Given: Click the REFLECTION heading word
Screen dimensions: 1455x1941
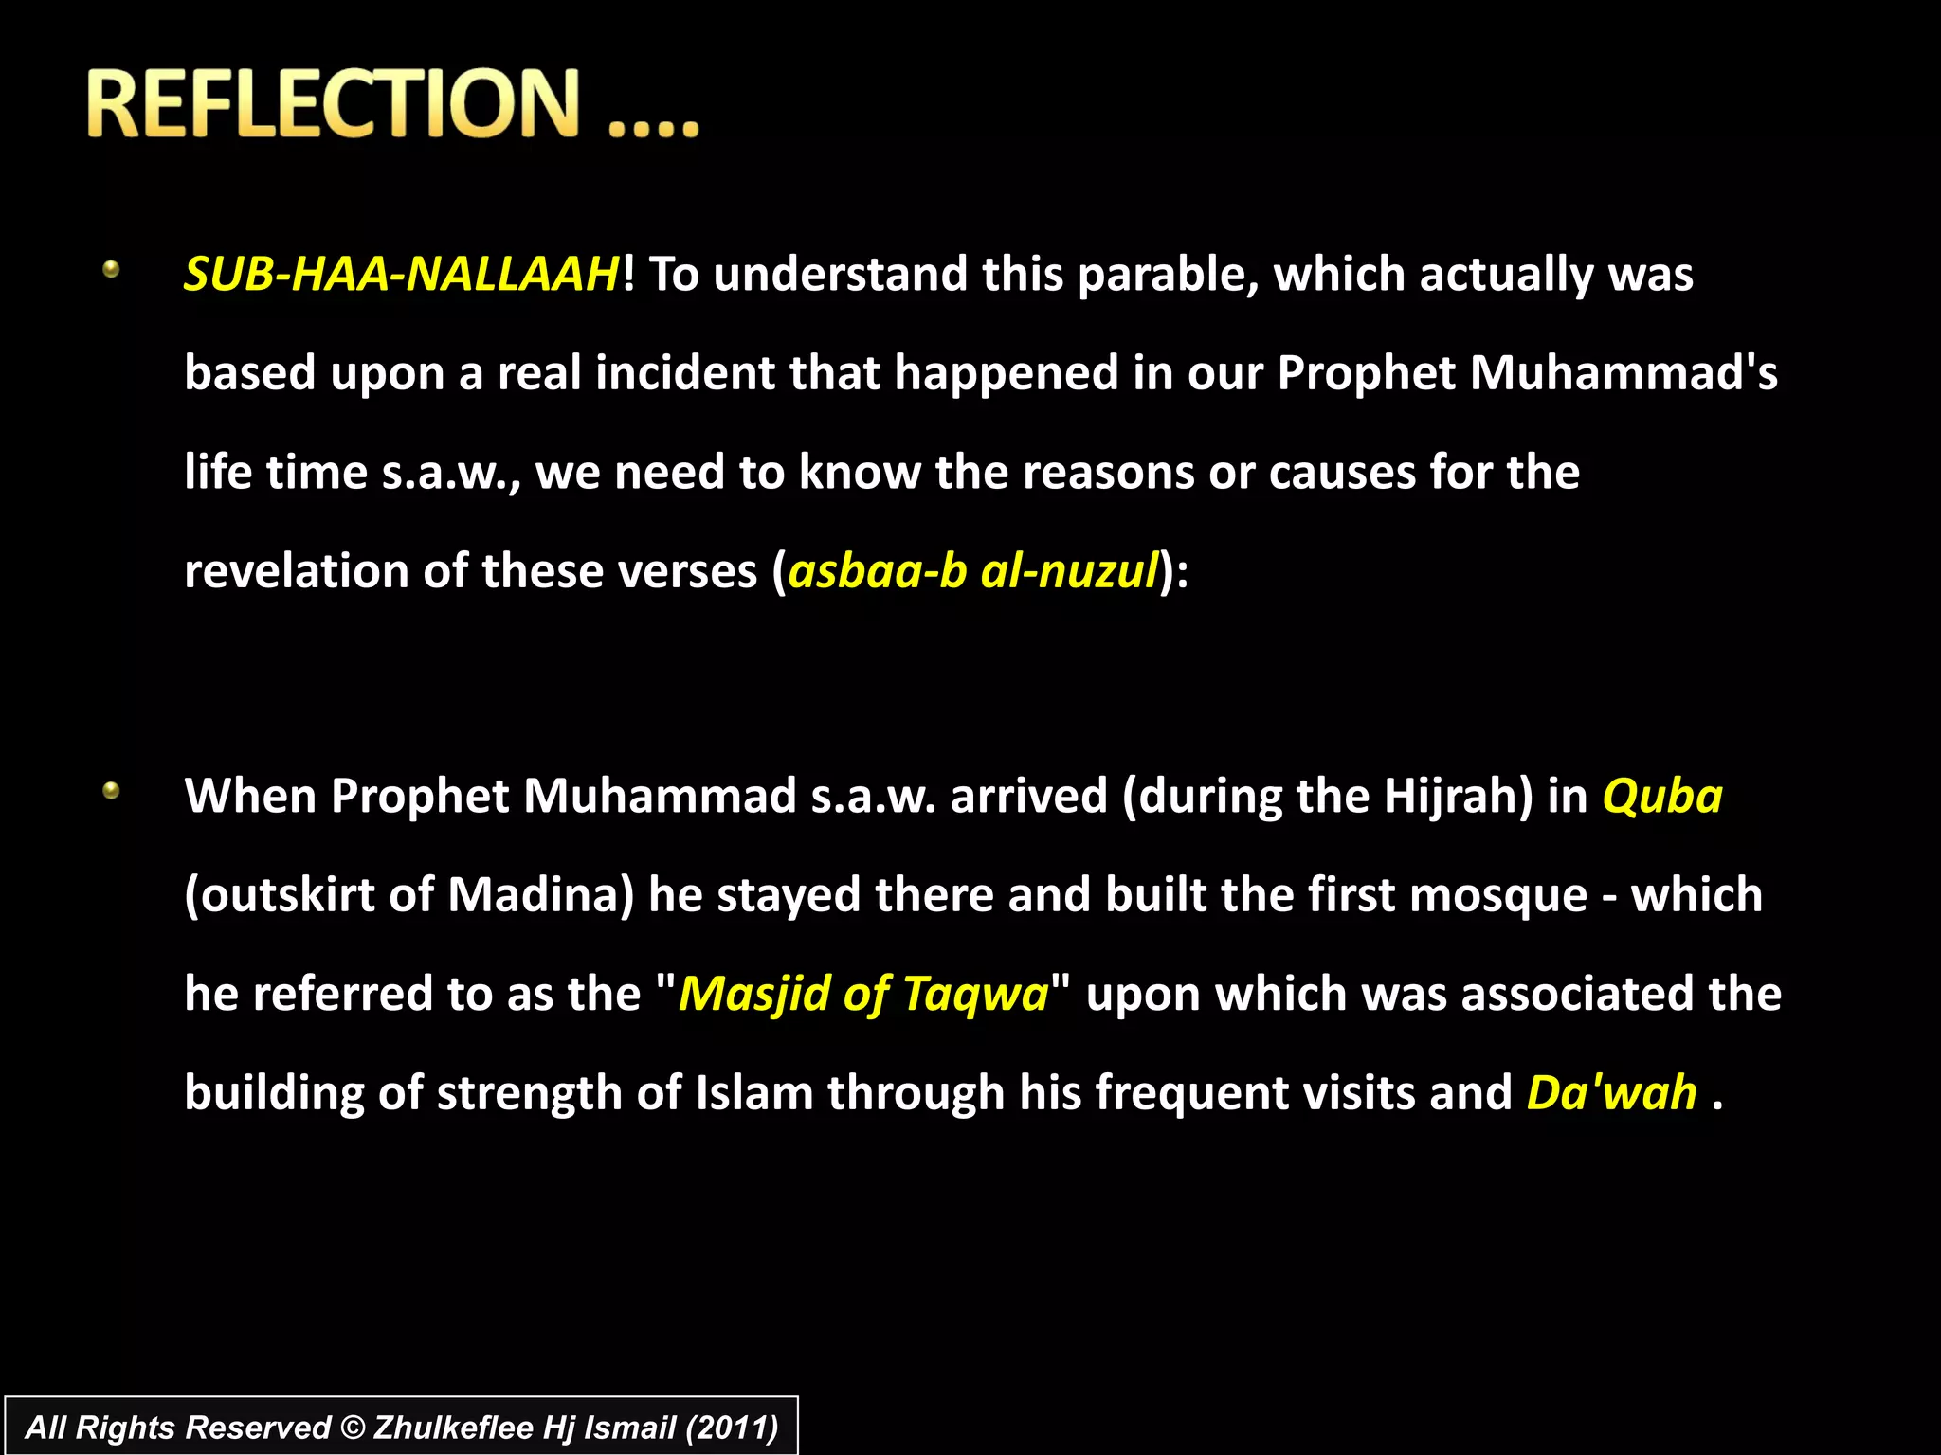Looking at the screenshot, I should coord(332,103).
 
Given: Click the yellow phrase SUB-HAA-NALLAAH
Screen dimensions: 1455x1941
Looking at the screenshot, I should coord(402,275).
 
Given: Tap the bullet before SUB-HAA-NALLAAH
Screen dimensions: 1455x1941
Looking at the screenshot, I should coord(111,270).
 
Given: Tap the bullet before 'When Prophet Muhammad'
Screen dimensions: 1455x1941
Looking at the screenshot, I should coord(111,790).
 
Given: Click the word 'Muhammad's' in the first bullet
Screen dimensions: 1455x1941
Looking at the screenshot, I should coord(1624,373).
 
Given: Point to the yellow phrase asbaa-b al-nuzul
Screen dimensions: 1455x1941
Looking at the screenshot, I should coord(973,571).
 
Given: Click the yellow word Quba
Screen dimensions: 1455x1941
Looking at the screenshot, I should coord(1662,797).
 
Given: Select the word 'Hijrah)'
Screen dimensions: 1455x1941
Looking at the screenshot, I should coord(1458,797).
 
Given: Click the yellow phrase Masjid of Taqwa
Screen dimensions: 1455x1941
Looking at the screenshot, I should coord(863,995).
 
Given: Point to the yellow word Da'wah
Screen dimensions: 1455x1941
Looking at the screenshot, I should coord(1611,1093).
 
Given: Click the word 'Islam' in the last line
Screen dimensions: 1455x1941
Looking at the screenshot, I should coord(754,1093).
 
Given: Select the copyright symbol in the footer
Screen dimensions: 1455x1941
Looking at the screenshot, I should coord(352,1428).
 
